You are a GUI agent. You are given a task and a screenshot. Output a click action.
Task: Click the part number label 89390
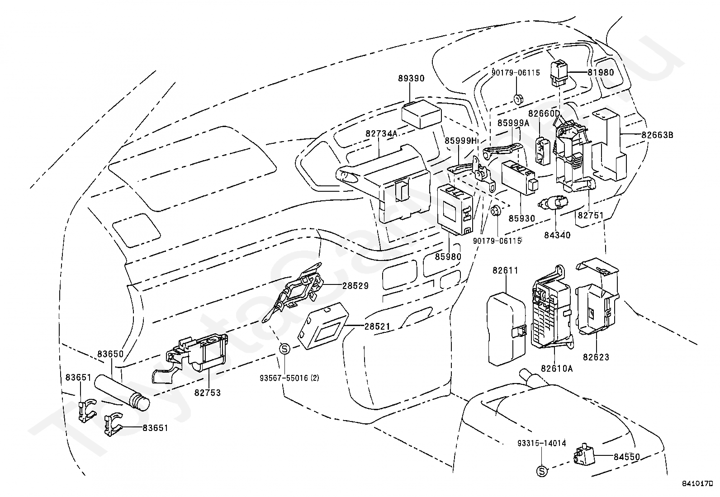(x=411, y=78)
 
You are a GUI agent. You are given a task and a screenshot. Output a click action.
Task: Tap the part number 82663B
(x=657, y=135)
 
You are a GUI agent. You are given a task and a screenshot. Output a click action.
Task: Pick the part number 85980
(x=448, y=256)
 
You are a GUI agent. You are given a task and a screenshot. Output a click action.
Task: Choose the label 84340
(x=557, y=235)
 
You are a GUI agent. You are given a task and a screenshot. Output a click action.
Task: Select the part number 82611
(x=505, y=271)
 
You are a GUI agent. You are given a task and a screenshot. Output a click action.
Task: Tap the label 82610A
(x=557, y=369)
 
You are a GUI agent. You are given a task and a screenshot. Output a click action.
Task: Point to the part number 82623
(x=596, y=357)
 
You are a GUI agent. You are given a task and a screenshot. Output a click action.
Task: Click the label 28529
(x=355, y=285)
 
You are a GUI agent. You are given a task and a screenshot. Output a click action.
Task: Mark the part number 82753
(x=208, y=393)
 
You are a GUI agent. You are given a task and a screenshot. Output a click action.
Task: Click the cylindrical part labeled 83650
(x=122, y=393)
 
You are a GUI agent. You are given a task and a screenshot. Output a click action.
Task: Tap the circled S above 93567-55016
(x=285, y=349)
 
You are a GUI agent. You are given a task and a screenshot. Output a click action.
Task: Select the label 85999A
(x=513, y=123)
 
